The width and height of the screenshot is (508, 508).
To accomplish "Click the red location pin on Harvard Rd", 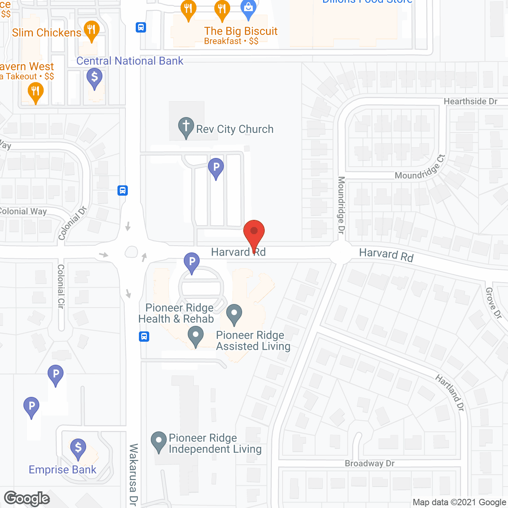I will [x=254, y=232].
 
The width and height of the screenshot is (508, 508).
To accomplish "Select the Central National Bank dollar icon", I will [x=94, y=77].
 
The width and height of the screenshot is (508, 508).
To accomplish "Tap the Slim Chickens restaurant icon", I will [x=92, y=30].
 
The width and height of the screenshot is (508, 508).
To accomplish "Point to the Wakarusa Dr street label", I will [x=134, y=474].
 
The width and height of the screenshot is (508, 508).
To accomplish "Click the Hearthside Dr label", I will [x=470, y=102].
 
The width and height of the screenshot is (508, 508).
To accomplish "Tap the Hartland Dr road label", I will [x=450, y=393].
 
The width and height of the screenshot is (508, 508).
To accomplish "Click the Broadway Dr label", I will [x=369, y=464].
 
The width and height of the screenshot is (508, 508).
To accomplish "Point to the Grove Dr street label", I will [x=494, y=303].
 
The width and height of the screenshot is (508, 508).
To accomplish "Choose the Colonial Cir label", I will [x=61, y=286].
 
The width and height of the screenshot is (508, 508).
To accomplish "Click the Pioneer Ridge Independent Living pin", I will [x=159, y=441].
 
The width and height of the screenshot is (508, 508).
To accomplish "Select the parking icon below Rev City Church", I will [x=216, y=167].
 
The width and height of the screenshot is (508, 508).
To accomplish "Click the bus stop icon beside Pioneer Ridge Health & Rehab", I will [x=144, y=337].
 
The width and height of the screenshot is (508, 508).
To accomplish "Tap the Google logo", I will [x=27, y=498].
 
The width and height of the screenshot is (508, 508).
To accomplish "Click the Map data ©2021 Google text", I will [x=459, y=502].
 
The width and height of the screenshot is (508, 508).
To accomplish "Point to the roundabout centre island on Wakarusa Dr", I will [x=131, y=252].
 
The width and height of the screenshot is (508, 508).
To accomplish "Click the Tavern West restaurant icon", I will [x=35, y=92].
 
